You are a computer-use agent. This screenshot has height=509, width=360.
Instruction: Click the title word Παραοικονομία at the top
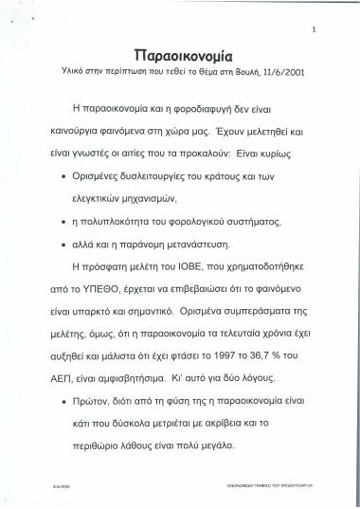point(179,53)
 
